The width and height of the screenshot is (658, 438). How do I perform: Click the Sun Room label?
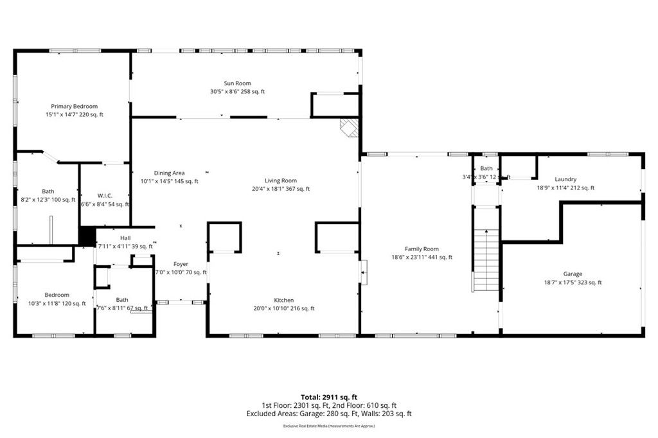[237, 83]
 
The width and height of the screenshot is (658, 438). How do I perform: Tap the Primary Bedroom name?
[75, 106]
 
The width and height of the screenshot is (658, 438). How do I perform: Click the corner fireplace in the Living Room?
[349, 127]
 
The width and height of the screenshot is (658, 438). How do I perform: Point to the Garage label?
[573, 274]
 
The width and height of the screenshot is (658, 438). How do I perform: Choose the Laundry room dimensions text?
[565, 188]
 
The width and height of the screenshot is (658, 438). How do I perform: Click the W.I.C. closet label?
[105, 195]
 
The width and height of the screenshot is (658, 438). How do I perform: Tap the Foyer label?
[181, 264]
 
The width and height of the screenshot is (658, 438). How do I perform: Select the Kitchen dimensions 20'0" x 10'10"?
[284, 309]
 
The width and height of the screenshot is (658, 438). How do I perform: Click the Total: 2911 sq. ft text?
[328, 397]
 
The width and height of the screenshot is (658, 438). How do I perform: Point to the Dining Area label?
[170, 173]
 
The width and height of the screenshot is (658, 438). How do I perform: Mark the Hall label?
[125, 238]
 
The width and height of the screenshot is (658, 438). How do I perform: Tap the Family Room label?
[422, 249]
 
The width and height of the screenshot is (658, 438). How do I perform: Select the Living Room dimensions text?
[281, 189]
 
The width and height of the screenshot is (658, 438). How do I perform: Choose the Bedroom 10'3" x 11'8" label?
[57, 304]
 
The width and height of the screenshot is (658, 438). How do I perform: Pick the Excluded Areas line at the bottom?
[328, 414]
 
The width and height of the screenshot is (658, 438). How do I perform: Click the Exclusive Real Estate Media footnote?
[328, 426]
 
